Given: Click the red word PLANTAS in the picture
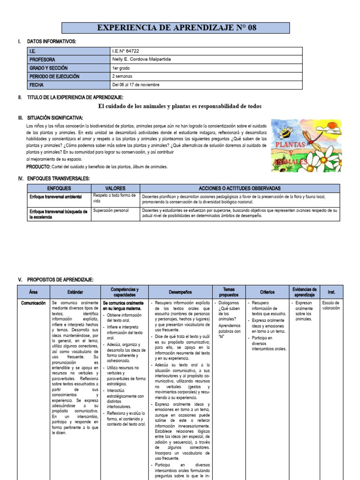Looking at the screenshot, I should click(290, 145).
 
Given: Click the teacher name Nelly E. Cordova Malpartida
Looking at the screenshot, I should click(141, 60).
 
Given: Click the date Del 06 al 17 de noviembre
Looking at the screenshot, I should click(136, 85).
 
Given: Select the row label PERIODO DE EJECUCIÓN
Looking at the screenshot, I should click(54, 76).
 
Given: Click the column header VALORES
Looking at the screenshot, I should click(115, 187).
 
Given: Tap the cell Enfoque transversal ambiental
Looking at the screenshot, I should click(55, 196).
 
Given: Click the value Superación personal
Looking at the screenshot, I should click(111, 210).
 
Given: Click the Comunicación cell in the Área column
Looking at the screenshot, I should click(33, 303).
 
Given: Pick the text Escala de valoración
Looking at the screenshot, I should click(331, 306).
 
